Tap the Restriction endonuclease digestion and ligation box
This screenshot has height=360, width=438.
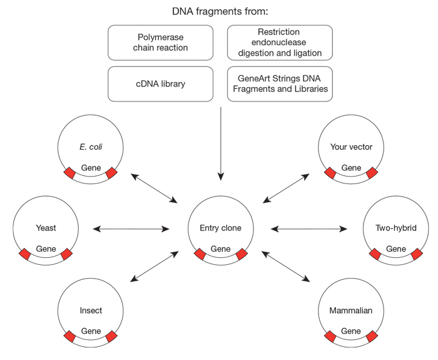(x=280, y=43)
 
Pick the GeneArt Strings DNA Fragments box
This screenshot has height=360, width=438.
(x=280, y=84)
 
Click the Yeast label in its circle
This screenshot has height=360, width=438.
(x=46, y=228)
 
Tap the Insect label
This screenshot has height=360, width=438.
(x=91, y=310)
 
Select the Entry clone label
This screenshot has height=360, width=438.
(x=221, y=228)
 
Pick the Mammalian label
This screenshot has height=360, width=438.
(x=351, y=310)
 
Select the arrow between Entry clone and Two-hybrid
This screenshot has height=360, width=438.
(x=308, y=229)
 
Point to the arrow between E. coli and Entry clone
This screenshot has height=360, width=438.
(x=155, y=188)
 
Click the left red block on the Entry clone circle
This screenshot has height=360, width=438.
(x=200, y=254)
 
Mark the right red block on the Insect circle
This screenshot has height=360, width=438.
(x=112, y=337)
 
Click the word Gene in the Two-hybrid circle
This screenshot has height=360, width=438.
(x=396, y=249)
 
